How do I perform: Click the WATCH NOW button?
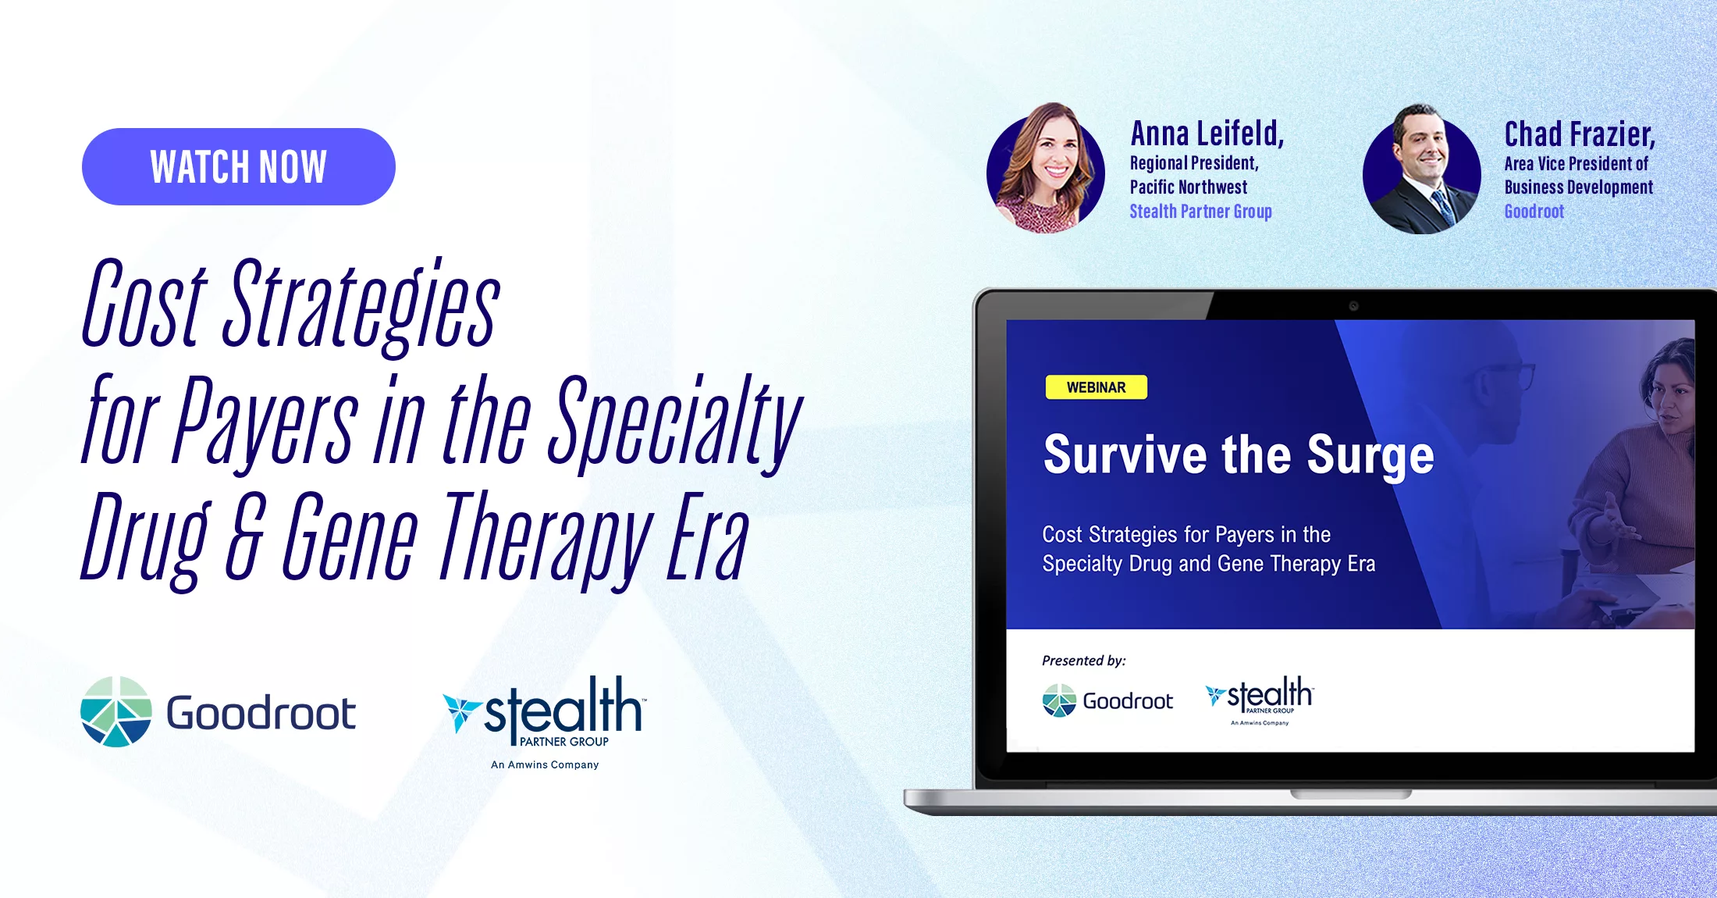click(x=239, y=166)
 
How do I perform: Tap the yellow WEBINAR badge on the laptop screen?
click(x=1097, y=387)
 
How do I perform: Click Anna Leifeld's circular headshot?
click(x=1046, y=169)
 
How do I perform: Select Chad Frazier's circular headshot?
click(x=1422, y=169)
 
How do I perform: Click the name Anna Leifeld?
click(x=1207, y=134)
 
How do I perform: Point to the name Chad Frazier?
click(x=1580, y=134)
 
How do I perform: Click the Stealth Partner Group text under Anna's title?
click(x=1200, y=212)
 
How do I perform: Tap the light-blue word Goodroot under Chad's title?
click(x=1534, y=212)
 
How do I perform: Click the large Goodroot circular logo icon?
click(x=116, y=711)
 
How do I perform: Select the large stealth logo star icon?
click(x=461, y=711)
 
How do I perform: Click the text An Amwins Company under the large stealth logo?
click(x=545, y=764)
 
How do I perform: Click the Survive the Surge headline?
click(x=1239, y=454)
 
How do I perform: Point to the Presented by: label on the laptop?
click(x=1084, y=661)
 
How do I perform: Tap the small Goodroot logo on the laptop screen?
click(x=1107, y=700)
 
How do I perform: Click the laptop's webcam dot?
click(x=1354, y=306)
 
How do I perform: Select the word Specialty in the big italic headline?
click(x=674, y=422)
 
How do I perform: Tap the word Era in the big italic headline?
click(x=707, y=537)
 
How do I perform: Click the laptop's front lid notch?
click(x=1351, y=794)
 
